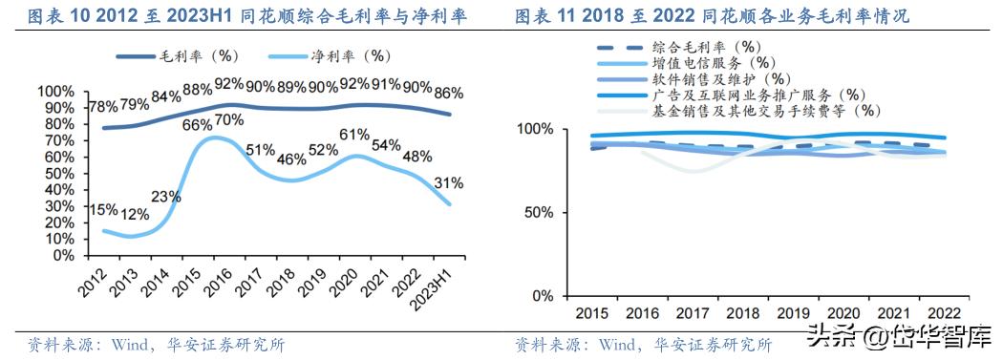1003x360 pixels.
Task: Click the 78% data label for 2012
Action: coord(104,106)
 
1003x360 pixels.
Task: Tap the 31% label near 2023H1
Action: coord(449,183)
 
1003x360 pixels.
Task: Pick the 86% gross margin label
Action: coord(448,94)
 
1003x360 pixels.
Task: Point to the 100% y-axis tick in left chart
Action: coord(54,92)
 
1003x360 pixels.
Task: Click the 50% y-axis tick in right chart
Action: coord(535,212)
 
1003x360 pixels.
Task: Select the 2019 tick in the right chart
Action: coord(793,313)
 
